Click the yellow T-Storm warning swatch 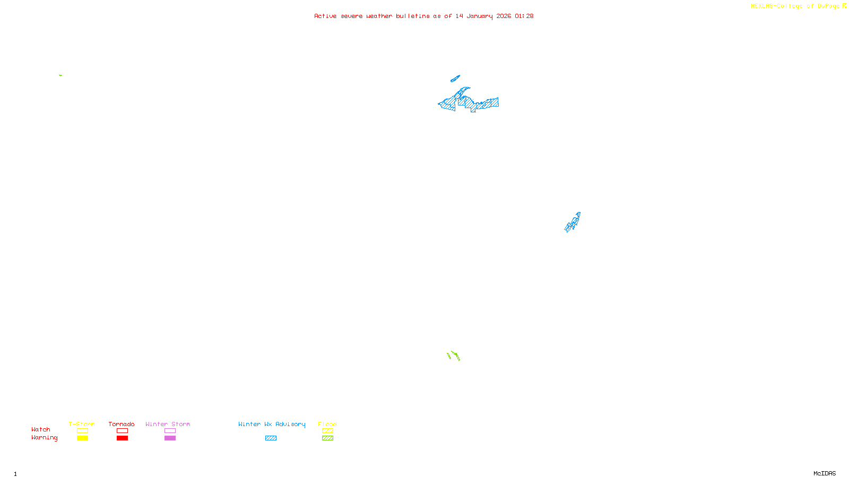pyautogui.click(x=82, y=438)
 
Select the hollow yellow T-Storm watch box pyautogui.click(x=82, y=431)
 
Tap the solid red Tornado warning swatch pyautogui.click(x=122, y=438)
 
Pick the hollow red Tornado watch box pyautogui.click(x=122, y=431)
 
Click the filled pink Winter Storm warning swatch pyautogui.click(x=170, y=438)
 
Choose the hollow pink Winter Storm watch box pyautogui.click(x=170, y=431)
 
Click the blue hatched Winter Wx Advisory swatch pyautogui.click(x=271, y=438)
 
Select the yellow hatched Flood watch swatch pyautogui.click(x=327, y=431)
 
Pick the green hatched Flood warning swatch pyautogui.click(x=327, y=438)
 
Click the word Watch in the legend pyautogui.click(x=41, y=430)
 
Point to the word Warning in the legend pyautogui.click(x=44, y=438)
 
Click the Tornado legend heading pyautogui.click(x=122, y=424)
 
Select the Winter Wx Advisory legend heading pyautogui.click(x=272, y=424)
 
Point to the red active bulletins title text pyautogui.click(x=423, y=16)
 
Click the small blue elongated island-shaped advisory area pyautogui.click(x=455, y=79)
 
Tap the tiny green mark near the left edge pyautogui.click(x=60, y=75)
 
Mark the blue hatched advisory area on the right pyautogui.click(x=573, y=223)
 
